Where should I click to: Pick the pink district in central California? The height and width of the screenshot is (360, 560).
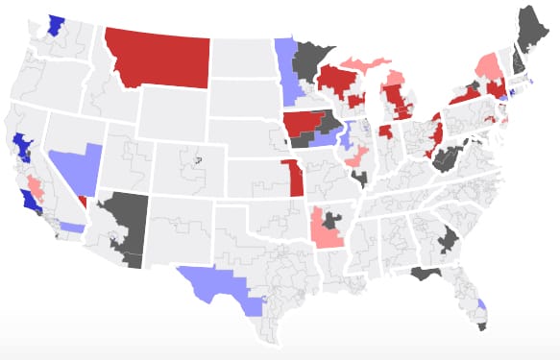click(35, 184)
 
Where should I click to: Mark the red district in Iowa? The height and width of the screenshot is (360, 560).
click(304, 124)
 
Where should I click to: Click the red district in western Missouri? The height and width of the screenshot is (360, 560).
click(287, 178)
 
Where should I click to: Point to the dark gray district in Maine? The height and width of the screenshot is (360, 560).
click(525, 29)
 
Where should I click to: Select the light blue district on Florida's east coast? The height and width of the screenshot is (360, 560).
click(481, 307)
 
